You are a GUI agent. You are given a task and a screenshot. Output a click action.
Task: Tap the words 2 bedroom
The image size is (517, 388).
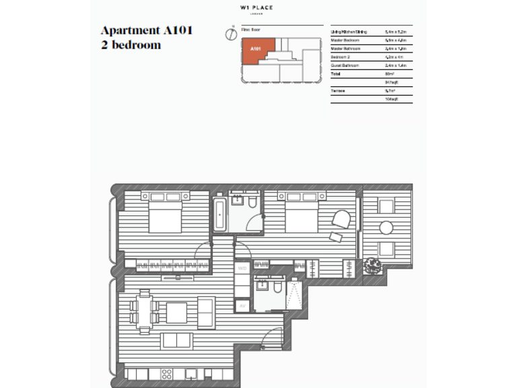coord(131,46)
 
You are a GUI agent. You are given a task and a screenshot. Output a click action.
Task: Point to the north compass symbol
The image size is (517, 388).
coord(231,32)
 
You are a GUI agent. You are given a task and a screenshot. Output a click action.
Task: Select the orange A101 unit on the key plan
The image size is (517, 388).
coord(258,51)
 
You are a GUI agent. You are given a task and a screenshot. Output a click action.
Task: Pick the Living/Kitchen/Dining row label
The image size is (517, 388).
coord(349,32)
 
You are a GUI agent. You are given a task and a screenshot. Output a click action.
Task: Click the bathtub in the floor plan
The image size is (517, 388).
coord(221,214)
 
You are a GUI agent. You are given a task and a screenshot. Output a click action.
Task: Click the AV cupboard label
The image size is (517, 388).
coord(241,306)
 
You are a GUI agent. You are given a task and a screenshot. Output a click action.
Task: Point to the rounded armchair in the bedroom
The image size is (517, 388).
coord(341,220)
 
